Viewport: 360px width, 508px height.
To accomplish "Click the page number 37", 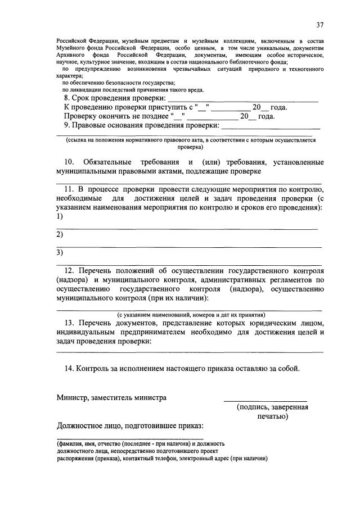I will click(319, 25).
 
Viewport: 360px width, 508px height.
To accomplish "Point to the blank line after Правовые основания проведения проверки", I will click(270, 127).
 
